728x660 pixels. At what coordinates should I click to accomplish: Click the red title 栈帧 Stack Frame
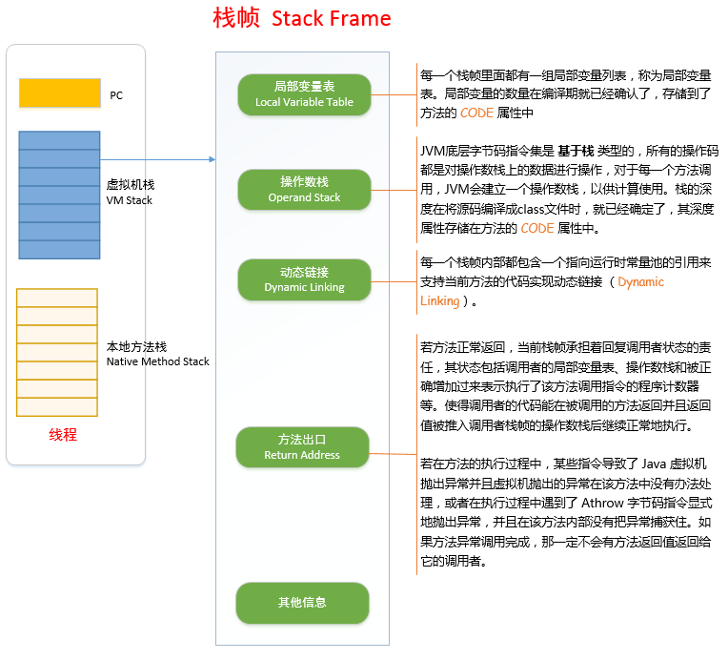point(301,19)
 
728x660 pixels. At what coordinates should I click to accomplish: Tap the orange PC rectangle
point(59,93)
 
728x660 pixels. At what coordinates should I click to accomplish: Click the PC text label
point(116,95)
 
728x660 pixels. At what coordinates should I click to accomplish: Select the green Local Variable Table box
point(304,94)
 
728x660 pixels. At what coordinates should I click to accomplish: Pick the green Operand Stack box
point(304,190)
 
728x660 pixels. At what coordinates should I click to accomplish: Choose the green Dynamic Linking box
point(304,279)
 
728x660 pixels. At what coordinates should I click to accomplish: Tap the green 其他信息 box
point(302,603)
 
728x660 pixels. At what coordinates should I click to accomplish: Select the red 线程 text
point(63,435)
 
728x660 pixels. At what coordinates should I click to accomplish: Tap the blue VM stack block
point(59,195)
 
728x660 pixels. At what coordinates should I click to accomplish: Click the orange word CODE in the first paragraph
point(476,113)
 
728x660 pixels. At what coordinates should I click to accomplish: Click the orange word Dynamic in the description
point(640,282)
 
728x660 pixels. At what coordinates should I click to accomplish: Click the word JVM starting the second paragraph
point(434,151)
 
